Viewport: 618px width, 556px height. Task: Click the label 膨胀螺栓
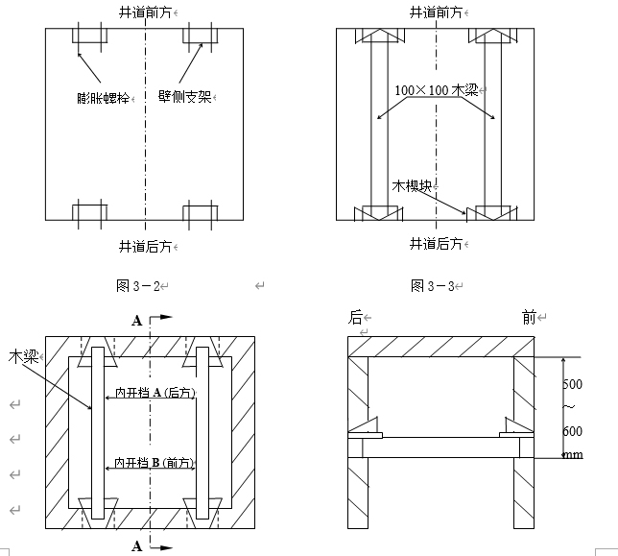(x=104, y=98)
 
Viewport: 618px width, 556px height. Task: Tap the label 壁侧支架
(x=185, y=97)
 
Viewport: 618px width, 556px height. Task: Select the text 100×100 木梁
(x=437, y=90)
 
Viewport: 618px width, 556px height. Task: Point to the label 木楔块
(x=412, y=185)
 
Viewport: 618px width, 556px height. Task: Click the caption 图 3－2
(x=138, y=286)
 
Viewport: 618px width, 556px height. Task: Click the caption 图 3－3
(x=433, y=286)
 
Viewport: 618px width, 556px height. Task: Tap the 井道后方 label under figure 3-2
(x=146, y=247)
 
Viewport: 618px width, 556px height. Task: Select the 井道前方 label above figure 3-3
(x=436, y=12)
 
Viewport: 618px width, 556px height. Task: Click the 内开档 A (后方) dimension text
(x=154, y=393)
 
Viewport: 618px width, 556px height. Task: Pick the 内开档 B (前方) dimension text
(x=154, y=462)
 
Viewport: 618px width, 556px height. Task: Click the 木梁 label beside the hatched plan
(x=23, y=357)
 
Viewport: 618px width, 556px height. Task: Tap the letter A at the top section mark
(x=137, y=321)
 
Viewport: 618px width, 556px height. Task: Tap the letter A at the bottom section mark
(x=137, y=546)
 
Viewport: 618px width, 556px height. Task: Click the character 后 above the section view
(x=355, y=317)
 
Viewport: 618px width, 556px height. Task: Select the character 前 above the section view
(x=530, y=317)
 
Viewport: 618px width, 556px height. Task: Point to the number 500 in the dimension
(x=572, y=384)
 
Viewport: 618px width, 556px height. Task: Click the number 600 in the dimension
(x=572, y=431)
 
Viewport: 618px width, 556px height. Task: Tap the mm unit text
(x=574, y=454)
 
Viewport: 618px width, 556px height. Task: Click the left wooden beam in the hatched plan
(x=98, y=433)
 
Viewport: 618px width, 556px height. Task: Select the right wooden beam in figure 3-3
(x=493, y=124)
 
